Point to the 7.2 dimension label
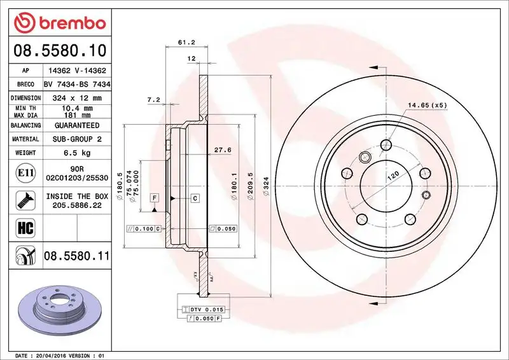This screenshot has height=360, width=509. (153, 100)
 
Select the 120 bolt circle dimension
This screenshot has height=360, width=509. (394, 173)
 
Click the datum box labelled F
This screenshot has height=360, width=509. (154, 198)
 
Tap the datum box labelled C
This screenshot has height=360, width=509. (195, 198)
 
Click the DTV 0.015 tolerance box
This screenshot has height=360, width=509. (205, 308)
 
